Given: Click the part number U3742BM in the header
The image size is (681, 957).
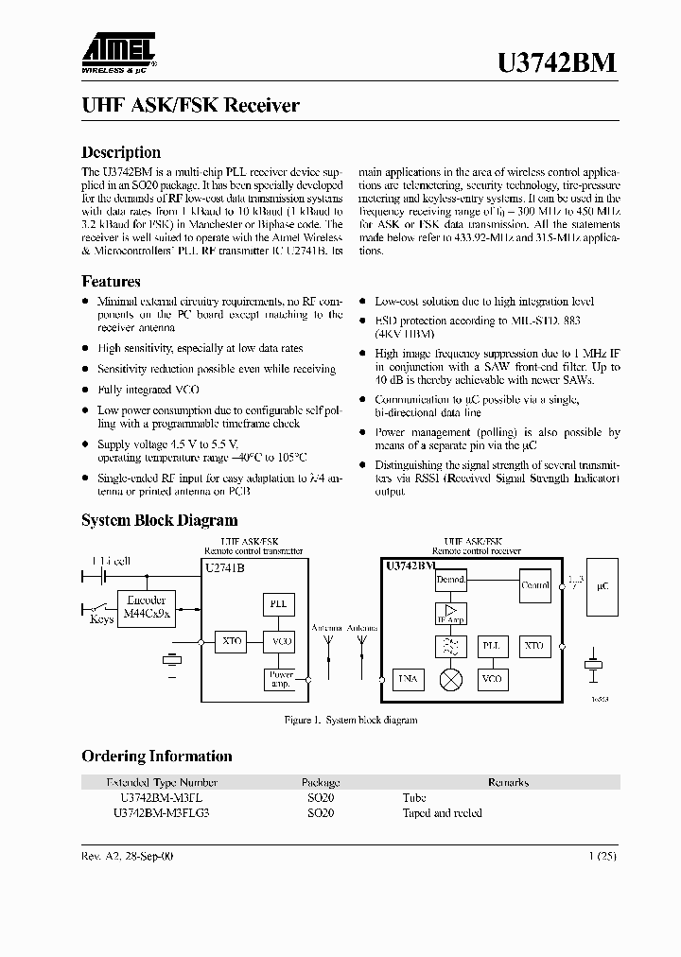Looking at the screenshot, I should click(557, 62).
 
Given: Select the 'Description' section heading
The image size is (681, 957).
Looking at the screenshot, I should click(121, 152).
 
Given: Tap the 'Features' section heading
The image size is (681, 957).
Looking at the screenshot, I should click(111, 281).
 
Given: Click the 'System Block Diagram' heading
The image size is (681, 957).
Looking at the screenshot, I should click(159, 520).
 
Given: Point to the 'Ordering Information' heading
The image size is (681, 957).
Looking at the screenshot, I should click(156, 756).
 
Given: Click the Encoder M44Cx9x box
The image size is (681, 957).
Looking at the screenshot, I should click(146, 606).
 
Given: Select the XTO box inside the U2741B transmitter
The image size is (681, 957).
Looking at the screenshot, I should click(231, 641).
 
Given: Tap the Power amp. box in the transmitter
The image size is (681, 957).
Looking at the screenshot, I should click(281, 679).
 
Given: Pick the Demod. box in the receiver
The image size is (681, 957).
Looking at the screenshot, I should click(451, 580).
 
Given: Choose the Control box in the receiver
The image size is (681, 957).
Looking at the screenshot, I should click(535, 585).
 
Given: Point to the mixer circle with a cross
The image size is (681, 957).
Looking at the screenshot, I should click(451, 679).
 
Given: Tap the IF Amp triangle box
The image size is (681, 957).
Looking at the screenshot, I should click(450, 613).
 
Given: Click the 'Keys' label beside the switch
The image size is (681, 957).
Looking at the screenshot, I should click(101, 619).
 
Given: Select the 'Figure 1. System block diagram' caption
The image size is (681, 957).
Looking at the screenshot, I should click(351, 721).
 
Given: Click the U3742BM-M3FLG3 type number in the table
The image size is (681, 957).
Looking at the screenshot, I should click(161, 812).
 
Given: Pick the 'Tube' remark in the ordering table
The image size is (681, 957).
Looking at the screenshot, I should click(414, 797).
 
